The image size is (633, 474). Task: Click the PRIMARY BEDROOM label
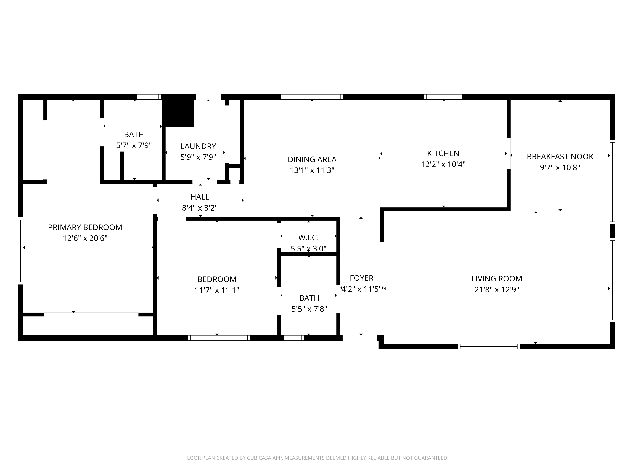click(85, 227)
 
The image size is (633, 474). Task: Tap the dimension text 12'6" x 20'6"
click(85, 238)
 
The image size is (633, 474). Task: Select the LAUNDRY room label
click(198, 146)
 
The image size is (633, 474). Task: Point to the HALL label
click(200, 197)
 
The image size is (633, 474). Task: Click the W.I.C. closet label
click(308, 238)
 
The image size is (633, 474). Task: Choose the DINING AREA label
click(312, 159)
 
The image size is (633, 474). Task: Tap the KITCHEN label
click(443, 153)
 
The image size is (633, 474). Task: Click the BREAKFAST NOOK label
click(560, 157)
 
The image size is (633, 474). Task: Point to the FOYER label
click(361, 278)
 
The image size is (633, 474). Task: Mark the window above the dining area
click(312, 97)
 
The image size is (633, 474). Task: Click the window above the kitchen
click(443, 97)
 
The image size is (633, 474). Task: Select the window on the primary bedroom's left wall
click(20, 251)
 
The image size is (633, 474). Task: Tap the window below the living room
click(489, 346)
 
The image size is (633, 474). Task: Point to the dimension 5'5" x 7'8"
click(309, 309)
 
